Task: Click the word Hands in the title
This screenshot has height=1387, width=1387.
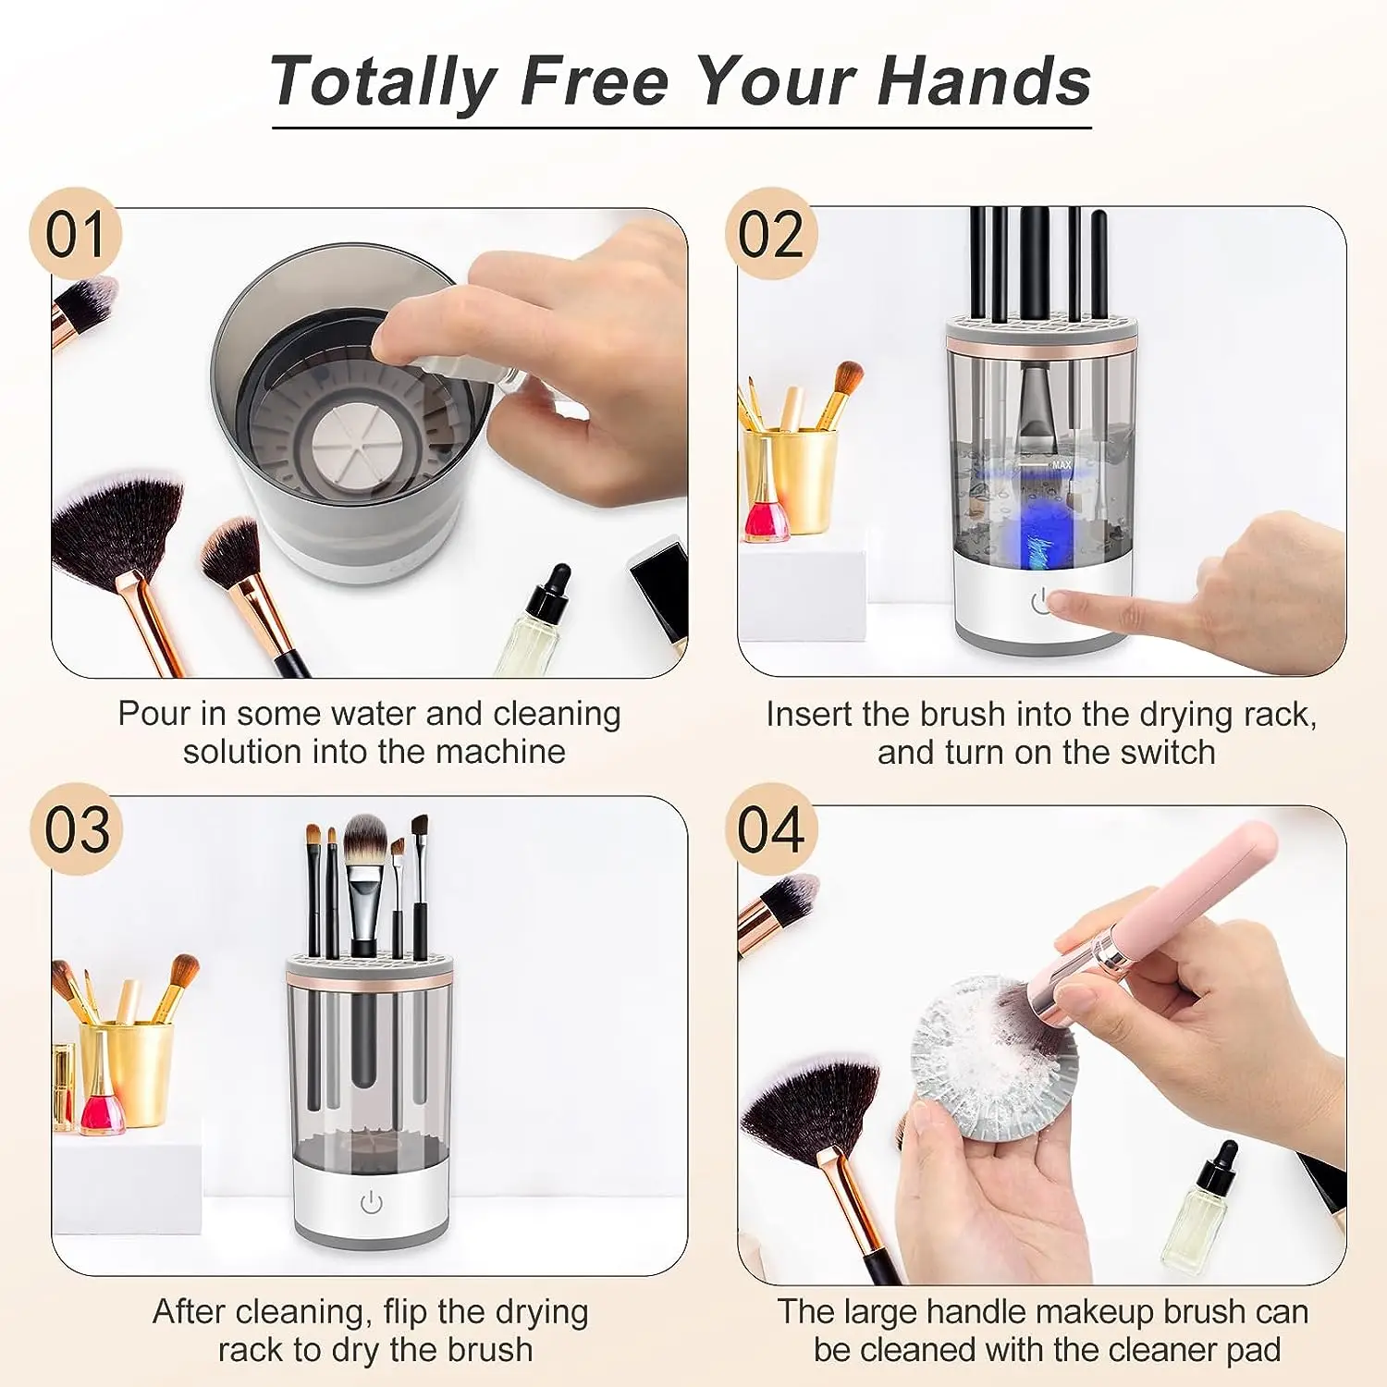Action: click(x=984, y=81)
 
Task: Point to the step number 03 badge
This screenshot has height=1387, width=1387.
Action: click(x=77, y=829)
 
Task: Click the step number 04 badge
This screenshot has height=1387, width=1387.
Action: click(x=771, y=829)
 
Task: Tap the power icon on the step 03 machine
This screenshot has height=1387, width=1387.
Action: click(x=371, y=1202)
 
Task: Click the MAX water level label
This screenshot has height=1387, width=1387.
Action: click(x=1061, y=465)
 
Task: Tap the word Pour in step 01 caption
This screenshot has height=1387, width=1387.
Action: click(x=153, y=714)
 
